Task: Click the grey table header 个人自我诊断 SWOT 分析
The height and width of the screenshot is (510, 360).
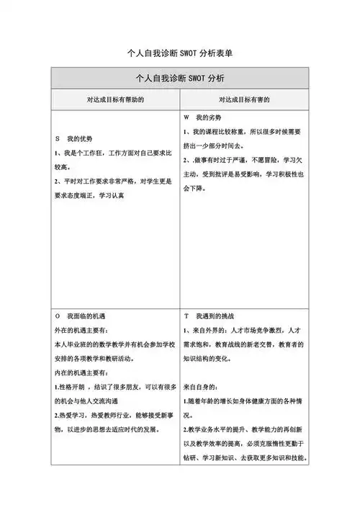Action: [x=180, y=78]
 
